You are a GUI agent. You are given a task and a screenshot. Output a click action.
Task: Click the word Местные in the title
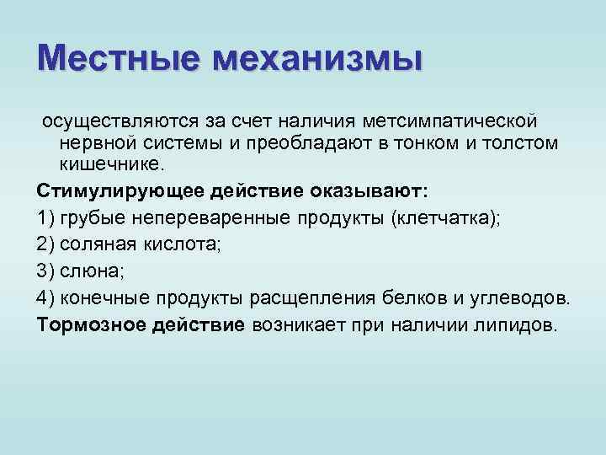[x=116, y=60]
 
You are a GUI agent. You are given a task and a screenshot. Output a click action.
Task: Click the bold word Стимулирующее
[x=103, y=188]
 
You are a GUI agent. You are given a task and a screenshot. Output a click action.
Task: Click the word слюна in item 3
[x=88, y=271]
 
